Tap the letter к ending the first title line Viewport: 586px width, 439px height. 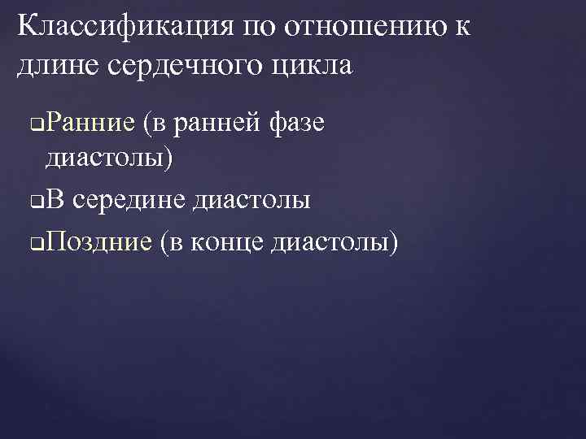click(461, 28)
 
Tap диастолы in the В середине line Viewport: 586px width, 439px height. click(251, 199)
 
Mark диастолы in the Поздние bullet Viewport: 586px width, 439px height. click(335, 241)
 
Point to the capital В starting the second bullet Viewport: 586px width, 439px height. click(54, 199)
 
